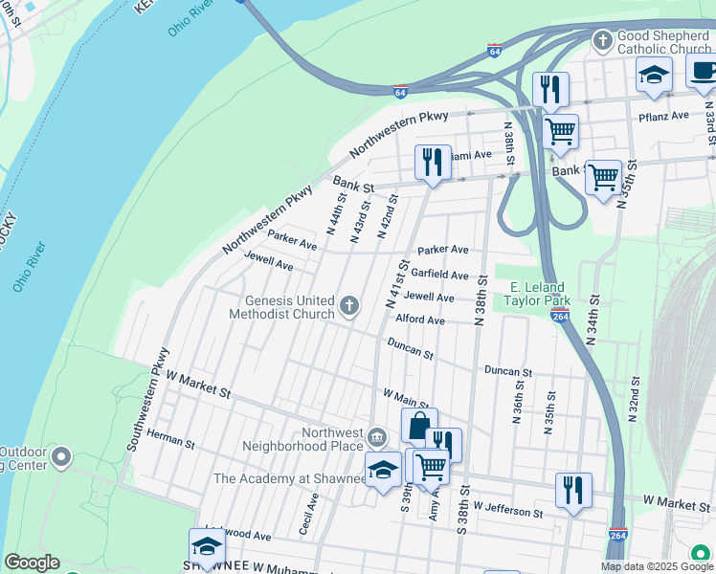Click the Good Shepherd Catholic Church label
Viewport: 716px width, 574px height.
(x=664, y=42)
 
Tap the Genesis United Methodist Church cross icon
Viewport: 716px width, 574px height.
(x=349, y=307)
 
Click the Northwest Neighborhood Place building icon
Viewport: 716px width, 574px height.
(x=377, y=438)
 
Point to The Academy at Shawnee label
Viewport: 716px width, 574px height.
(x=284, y=478)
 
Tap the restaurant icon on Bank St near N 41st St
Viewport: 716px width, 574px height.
(x=433, y=163)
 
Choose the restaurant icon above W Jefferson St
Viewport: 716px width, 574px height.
(x=573, y=489)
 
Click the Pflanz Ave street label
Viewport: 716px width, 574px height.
(x=663, y=116)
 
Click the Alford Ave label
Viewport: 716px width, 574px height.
(x=419, y=320)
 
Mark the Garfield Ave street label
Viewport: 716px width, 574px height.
(x=441, y=275)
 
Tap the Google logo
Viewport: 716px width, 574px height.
(x=32, y=563)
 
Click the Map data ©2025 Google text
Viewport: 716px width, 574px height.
(x=657, y=566)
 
